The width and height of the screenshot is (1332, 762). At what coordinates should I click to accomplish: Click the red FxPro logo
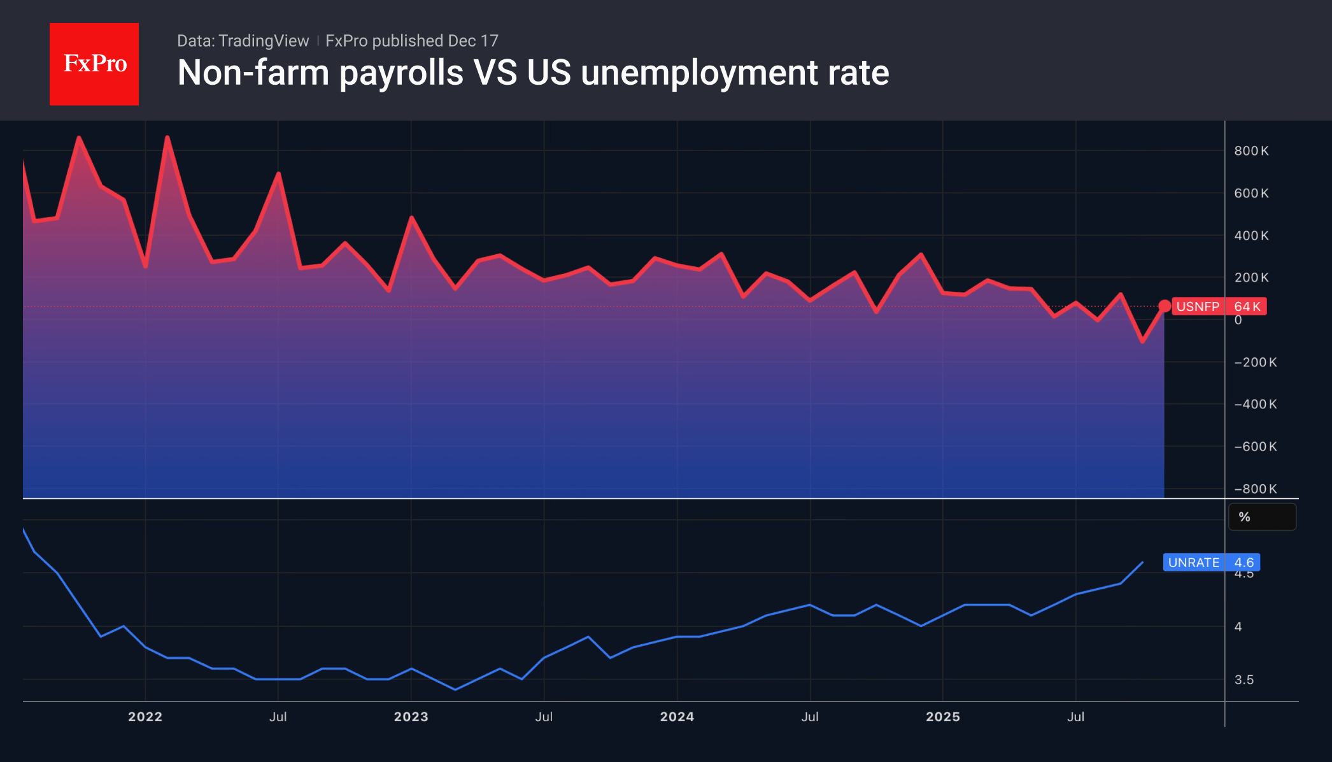(x=94, y=64)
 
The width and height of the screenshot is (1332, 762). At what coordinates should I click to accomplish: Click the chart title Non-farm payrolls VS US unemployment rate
(x=533, y=73)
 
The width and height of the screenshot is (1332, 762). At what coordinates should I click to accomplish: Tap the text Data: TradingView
(x=243, y=41)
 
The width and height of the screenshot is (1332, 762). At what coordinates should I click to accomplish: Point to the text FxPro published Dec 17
(x=411, y=41)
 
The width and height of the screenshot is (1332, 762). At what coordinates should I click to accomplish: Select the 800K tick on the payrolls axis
(x=1251, y=151)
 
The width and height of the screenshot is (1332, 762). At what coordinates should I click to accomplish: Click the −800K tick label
(x=1254, y=489)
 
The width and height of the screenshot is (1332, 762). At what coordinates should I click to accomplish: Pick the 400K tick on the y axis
(x=1251, y=236)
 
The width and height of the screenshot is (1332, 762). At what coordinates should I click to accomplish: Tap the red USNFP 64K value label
(x=1218, y=306)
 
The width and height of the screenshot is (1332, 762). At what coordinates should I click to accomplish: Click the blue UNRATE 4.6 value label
(x=1210, y=563)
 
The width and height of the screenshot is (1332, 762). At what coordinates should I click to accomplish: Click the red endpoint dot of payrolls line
(x=1164, y=306)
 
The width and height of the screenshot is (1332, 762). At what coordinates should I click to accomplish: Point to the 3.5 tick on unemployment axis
(x=1243, y=680)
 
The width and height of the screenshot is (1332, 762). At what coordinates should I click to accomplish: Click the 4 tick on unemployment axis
(x=1238, y=627)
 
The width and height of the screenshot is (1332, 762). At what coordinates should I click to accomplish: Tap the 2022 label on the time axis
(x=145, y=717)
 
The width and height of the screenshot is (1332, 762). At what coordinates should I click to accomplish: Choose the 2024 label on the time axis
(x=677, y=717)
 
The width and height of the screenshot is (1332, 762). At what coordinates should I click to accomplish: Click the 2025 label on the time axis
(x=942, y=717)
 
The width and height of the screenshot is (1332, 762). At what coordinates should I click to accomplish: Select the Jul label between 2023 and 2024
(x=544, y=717)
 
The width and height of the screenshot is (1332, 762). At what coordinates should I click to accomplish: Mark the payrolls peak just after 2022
(x=167, y=137)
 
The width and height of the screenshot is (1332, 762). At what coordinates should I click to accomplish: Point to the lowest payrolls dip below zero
(x=1142, y=341)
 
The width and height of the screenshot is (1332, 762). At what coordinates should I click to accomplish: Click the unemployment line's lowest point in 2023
(x=455, y=689)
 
